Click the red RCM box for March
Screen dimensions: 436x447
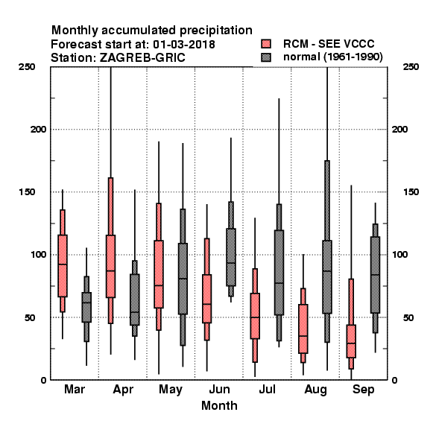pyautogui.click(x=63, y=266)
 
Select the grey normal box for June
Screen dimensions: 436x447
pyautogui.click(x=231, y=257)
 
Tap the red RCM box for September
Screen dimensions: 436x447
pyautogui.click(x=351, y=341)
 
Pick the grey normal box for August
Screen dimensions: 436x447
pyautogui.click(x=327, y=277)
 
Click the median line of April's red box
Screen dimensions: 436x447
pyautogui.click(x=110, y=271)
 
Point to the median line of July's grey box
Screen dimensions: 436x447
pyautogui.click(x=279, y=283)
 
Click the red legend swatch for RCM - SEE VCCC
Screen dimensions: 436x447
pyautogui.click(x=266, y=44)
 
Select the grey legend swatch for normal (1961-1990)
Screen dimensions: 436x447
pyautogui.click(x=266, y=57)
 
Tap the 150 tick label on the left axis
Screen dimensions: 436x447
pyautogui.click(x=28, y=192)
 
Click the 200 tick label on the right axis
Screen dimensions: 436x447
pyautogui.click(x=399, y=129)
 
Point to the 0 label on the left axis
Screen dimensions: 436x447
pyautogui.click(x=44, y=380)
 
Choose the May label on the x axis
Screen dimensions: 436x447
pyautogui.click(x=171, y=390)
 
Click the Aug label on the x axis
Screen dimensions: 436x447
pyautogui.click(x=315, y=390)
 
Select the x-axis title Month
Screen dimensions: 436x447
pyautogui.click(x=219, y=405)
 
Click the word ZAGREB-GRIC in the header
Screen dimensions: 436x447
pyautogui.click(x=142, y=57)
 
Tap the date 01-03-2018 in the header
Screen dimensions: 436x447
pyautogui.click(x=184, y=44)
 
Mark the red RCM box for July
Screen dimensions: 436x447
pyautogui.click(x=255, y=316)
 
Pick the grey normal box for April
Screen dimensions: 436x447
pyautogui.click(x=135, y=299)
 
